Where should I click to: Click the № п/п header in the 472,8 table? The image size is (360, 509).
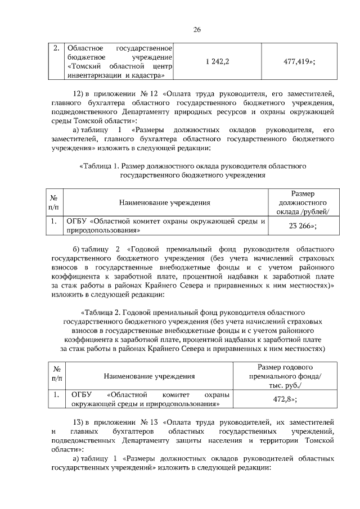coord(56,375)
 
